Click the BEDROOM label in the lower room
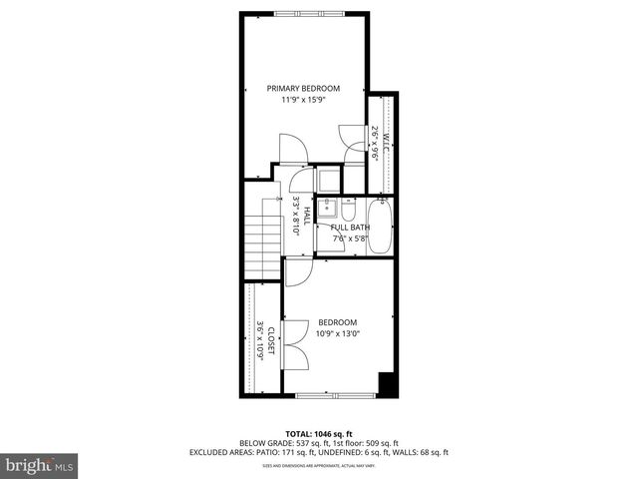(x=337, y=322)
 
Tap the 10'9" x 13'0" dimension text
(x=337, y=333)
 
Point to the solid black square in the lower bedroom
(x=388, y=383)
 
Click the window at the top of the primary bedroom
(x=308, y=12)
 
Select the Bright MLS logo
(x=40, y=465)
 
